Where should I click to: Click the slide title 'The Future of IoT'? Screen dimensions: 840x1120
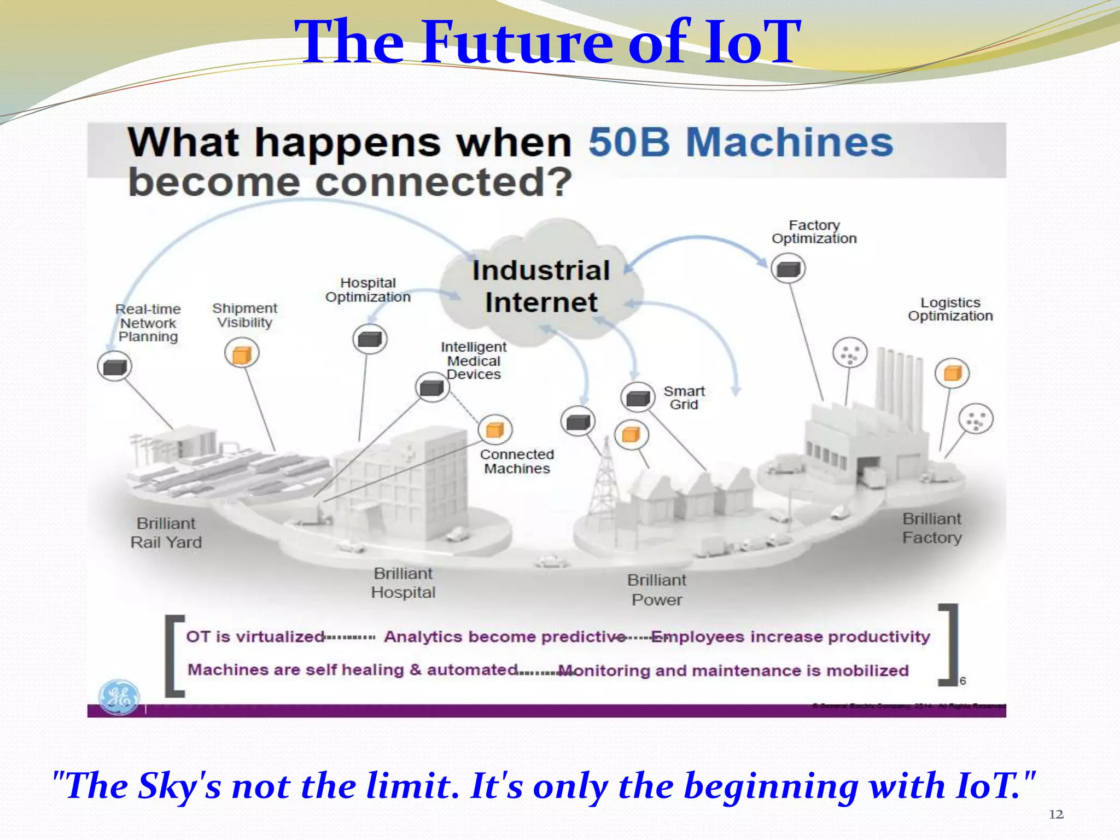547,43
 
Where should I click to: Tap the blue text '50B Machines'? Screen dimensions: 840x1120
740,143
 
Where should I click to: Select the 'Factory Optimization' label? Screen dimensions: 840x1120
814,232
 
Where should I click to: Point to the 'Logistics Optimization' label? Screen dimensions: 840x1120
950,310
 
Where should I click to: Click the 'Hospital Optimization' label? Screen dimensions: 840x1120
368,290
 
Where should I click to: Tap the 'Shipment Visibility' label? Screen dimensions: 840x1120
244,316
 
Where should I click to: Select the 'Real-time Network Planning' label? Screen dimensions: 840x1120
148,323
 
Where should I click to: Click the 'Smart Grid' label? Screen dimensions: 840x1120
684,398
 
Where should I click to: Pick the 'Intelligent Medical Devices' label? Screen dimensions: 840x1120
474,360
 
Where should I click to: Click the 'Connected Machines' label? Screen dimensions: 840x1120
517,462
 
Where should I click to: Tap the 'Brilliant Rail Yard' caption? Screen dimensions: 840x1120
166,533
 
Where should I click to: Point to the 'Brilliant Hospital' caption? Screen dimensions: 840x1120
403,583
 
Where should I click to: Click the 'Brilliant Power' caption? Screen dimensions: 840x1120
656,590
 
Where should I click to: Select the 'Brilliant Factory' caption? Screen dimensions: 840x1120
932,528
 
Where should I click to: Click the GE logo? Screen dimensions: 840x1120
119,697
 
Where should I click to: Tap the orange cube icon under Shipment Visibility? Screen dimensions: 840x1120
242,354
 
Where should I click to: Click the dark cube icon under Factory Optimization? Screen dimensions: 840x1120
788,269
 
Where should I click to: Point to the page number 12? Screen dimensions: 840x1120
1056,815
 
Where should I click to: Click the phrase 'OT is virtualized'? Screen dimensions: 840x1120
255,637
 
